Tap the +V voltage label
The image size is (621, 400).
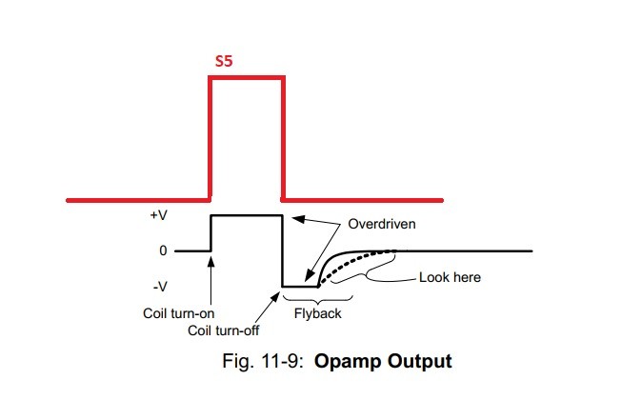[x=157, y=216]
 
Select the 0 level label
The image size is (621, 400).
[x=163, y=250]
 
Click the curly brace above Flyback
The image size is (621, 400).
[x=311, y=297]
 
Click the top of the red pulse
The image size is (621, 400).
[x=247, y=78]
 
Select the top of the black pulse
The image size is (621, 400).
[x=247, y=216]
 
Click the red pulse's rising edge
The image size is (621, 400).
[x=210, y=138]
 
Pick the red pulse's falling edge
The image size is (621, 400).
[x=283, y=138]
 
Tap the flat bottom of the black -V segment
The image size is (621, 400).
[x=299, y=286]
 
